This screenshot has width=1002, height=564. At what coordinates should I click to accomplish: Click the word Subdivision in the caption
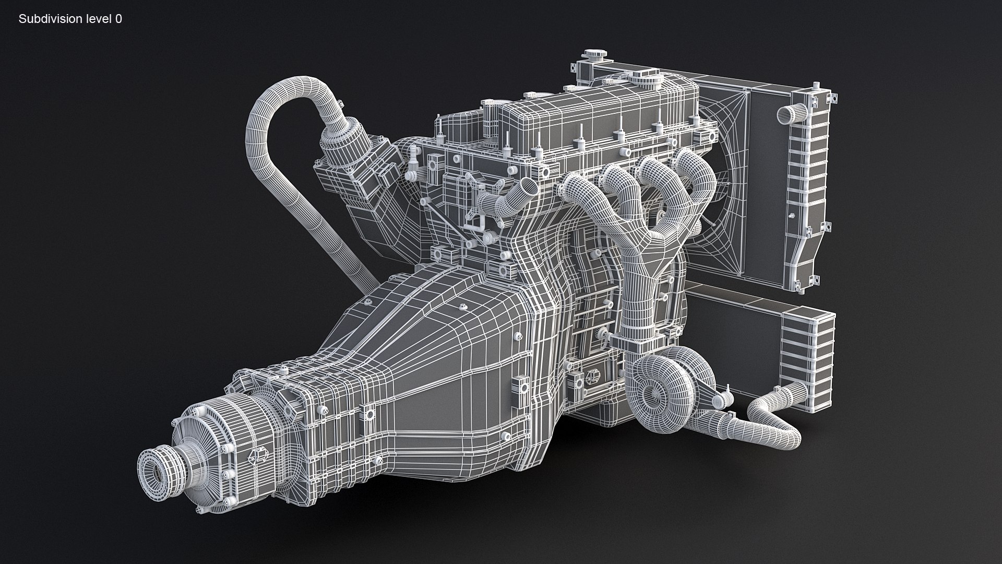pos(44,19)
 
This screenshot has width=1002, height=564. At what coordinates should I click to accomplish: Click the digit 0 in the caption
pos(119,19)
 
